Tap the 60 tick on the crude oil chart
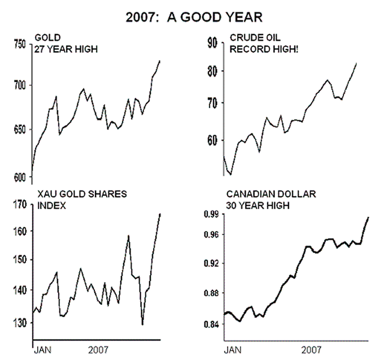coord(212,140)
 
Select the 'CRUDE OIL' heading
coord(252,38)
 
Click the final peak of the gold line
coord(160,60)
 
